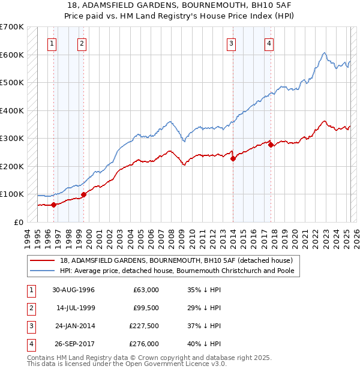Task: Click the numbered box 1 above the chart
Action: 53,43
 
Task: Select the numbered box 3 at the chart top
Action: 231,43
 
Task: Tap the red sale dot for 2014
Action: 233,158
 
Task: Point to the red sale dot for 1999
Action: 83,194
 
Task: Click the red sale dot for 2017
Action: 271,145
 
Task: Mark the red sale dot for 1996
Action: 54,205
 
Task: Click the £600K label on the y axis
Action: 12,55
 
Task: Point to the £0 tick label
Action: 18,222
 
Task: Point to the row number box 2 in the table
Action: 29,308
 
